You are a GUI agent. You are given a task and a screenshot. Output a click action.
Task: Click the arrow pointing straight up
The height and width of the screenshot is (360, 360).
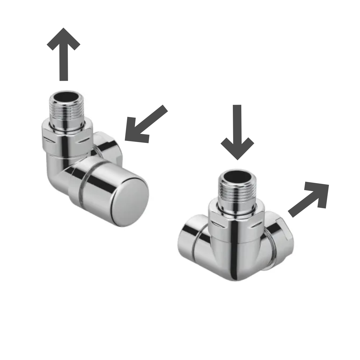[64, 53]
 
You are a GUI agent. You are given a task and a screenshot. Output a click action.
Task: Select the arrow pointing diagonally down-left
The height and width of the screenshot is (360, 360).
[145, 124]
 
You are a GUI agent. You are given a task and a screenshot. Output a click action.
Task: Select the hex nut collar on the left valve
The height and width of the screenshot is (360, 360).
[66, 138]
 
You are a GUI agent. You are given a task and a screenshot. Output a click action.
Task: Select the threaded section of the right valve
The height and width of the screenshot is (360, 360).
[237, 191]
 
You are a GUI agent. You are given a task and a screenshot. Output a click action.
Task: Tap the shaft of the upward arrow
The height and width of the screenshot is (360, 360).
[64, 65]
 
